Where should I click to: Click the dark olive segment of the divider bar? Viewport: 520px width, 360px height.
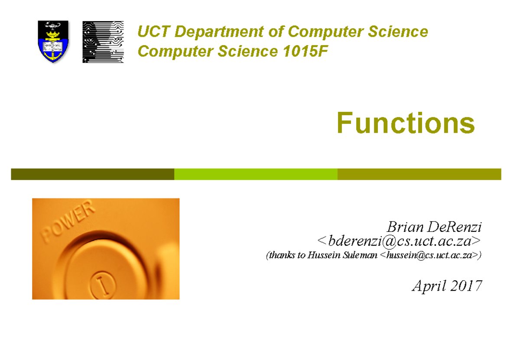(x=92, y=174)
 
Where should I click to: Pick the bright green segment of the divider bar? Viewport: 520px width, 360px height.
(x=256, y=174)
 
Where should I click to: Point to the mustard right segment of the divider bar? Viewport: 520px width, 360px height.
(x=419, y=174)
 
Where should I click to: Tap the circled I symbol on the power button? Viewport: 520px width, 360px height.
(x=104, y=282)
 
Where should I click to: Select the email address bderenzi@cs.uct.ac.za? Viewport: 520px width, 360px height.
(x=398, y=240)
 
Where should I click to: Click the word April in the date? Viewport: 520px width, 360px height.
(x=428, y=286)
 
